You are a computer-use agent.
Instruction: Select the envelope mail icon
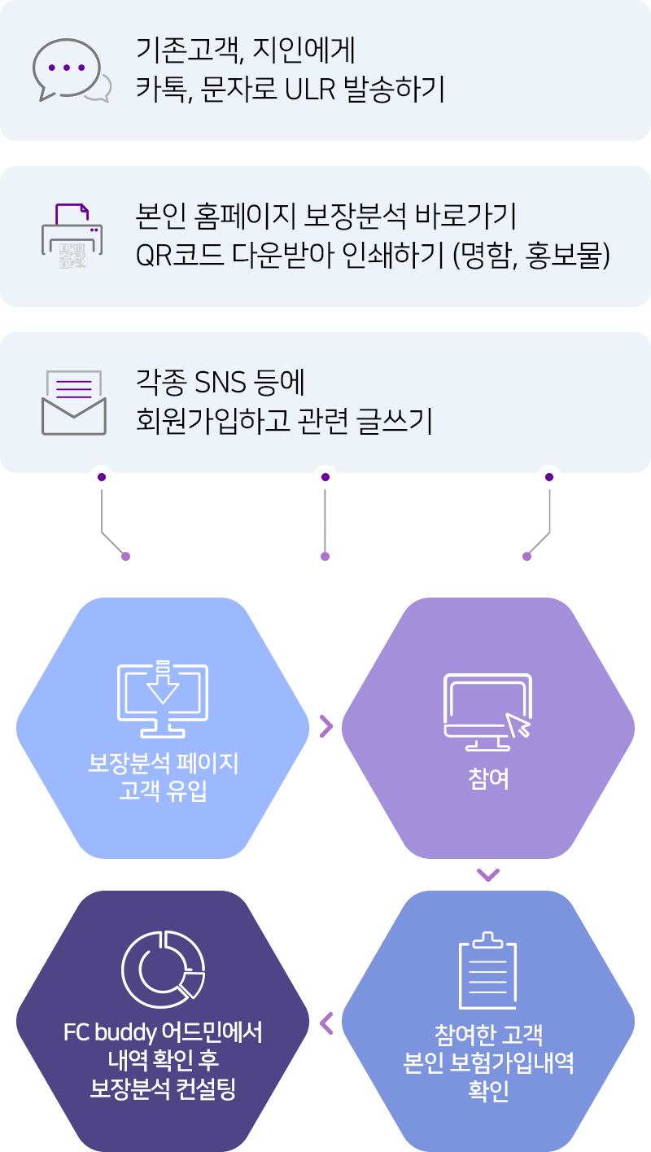[x=73, y=402]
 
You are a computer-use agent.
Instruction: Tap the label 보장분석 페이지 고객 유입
[x=163, y=777]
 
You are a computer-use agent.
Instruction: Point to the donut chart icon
[x=163, y=969]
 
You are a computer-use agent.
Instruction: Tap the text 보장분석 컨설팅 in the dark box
[x=163, y=1088]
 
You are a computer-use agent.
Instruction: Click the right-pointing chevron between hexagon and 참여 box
[x=325, y=725]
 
